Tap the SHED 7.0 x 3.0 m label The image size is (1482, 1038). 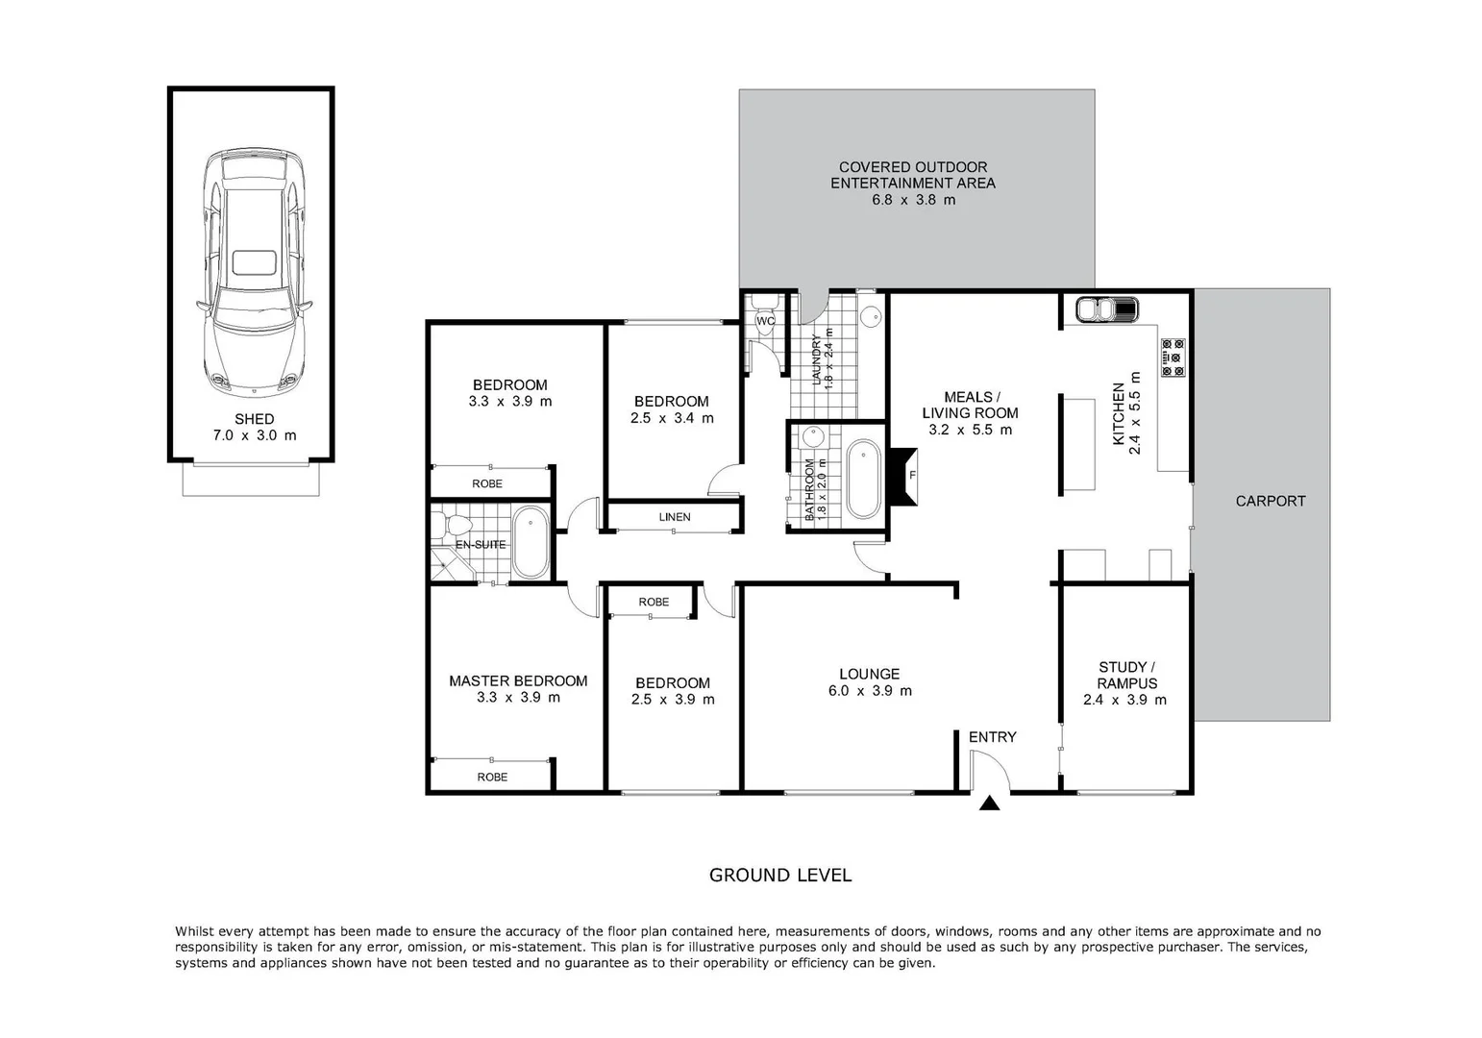[x=254, y=427]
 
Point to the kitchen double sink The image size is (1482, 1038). [x=1106, y=309]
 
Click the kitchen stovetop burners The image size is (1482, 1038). [x=1173, y=357]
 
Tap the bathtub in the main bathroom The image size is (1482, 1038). [x=862, y=479]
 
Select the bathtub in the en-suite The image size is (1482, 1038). [x=530, y=544]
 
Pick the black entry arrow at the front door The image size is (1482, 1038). [x=990, y=803]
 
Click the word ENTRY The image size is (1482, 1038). [x=992, y=737]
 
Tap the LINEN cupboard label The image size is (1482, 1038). [x=675, y=517]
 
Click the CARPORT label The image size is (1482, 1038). [x=1270, y=501]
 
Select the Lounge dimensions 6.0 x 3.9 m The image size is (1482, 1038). [x=870, y=691]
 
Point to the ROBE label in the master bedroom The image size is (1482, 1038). [x=492, y=777]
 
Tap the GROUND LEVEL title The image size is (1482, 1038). [x=779, y=876]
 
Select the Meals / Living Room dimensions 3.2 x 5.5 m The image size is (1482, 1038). [x=970, y=430]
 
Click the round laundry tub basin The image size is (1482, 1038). [x=871, y=316]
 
